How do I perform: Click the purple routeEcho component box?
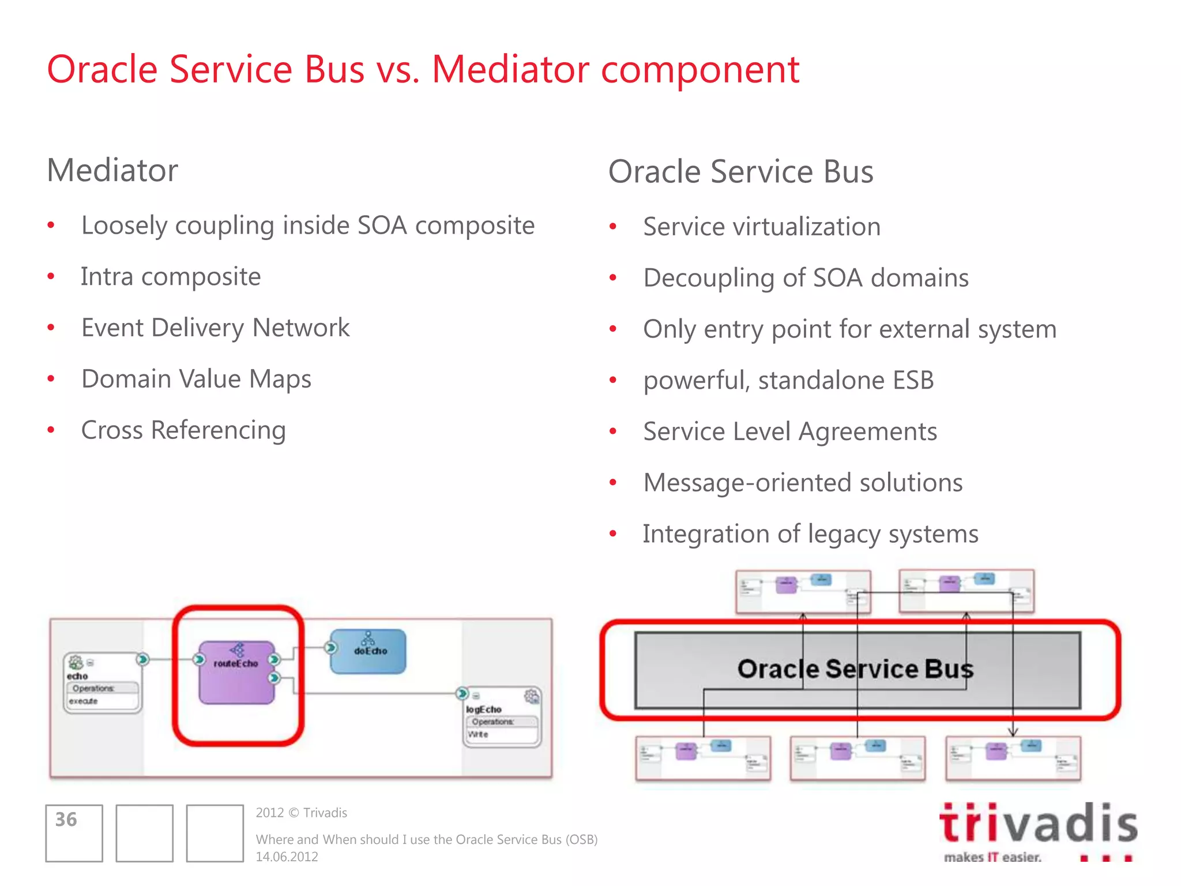(x=236, y=673)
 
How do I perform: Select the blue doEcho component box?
(x=368, y=652)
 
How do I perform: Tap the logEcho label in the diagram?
(x=483, y=709)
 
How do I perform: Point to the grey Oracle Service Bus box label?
(x=855, y=669)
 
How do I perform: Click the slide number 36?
(x=66, y=820)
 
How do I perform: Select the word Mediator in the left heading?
(x=112, y=171)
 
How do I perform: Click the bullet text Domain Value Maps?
(x=196, y=379)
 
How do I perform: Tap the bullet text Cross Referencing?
(x=183, y=430)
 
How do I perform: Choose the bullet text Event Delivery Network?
(x=215, y=328)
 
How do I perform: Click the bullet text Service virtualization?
(x=761, y=227)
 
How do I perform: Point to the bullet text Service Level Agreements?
(x=789, y=431)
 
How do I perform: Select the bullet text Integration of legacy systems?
(x=810, y=534)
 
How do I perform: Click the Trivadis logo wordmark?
(x=1037, y=823)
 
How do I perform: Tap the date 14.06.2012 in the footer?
(x=287, y=857)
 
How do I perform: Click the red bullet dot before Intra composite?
(x=51, y=277)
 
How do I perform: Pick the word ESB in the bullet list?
(x=912, y=380)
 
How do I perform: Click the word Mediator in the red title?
(x=510, y=70)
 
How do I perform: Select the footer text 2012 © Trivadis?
(x=301, y=813)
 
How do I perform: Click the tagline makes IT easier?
(x=992, y=857)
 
